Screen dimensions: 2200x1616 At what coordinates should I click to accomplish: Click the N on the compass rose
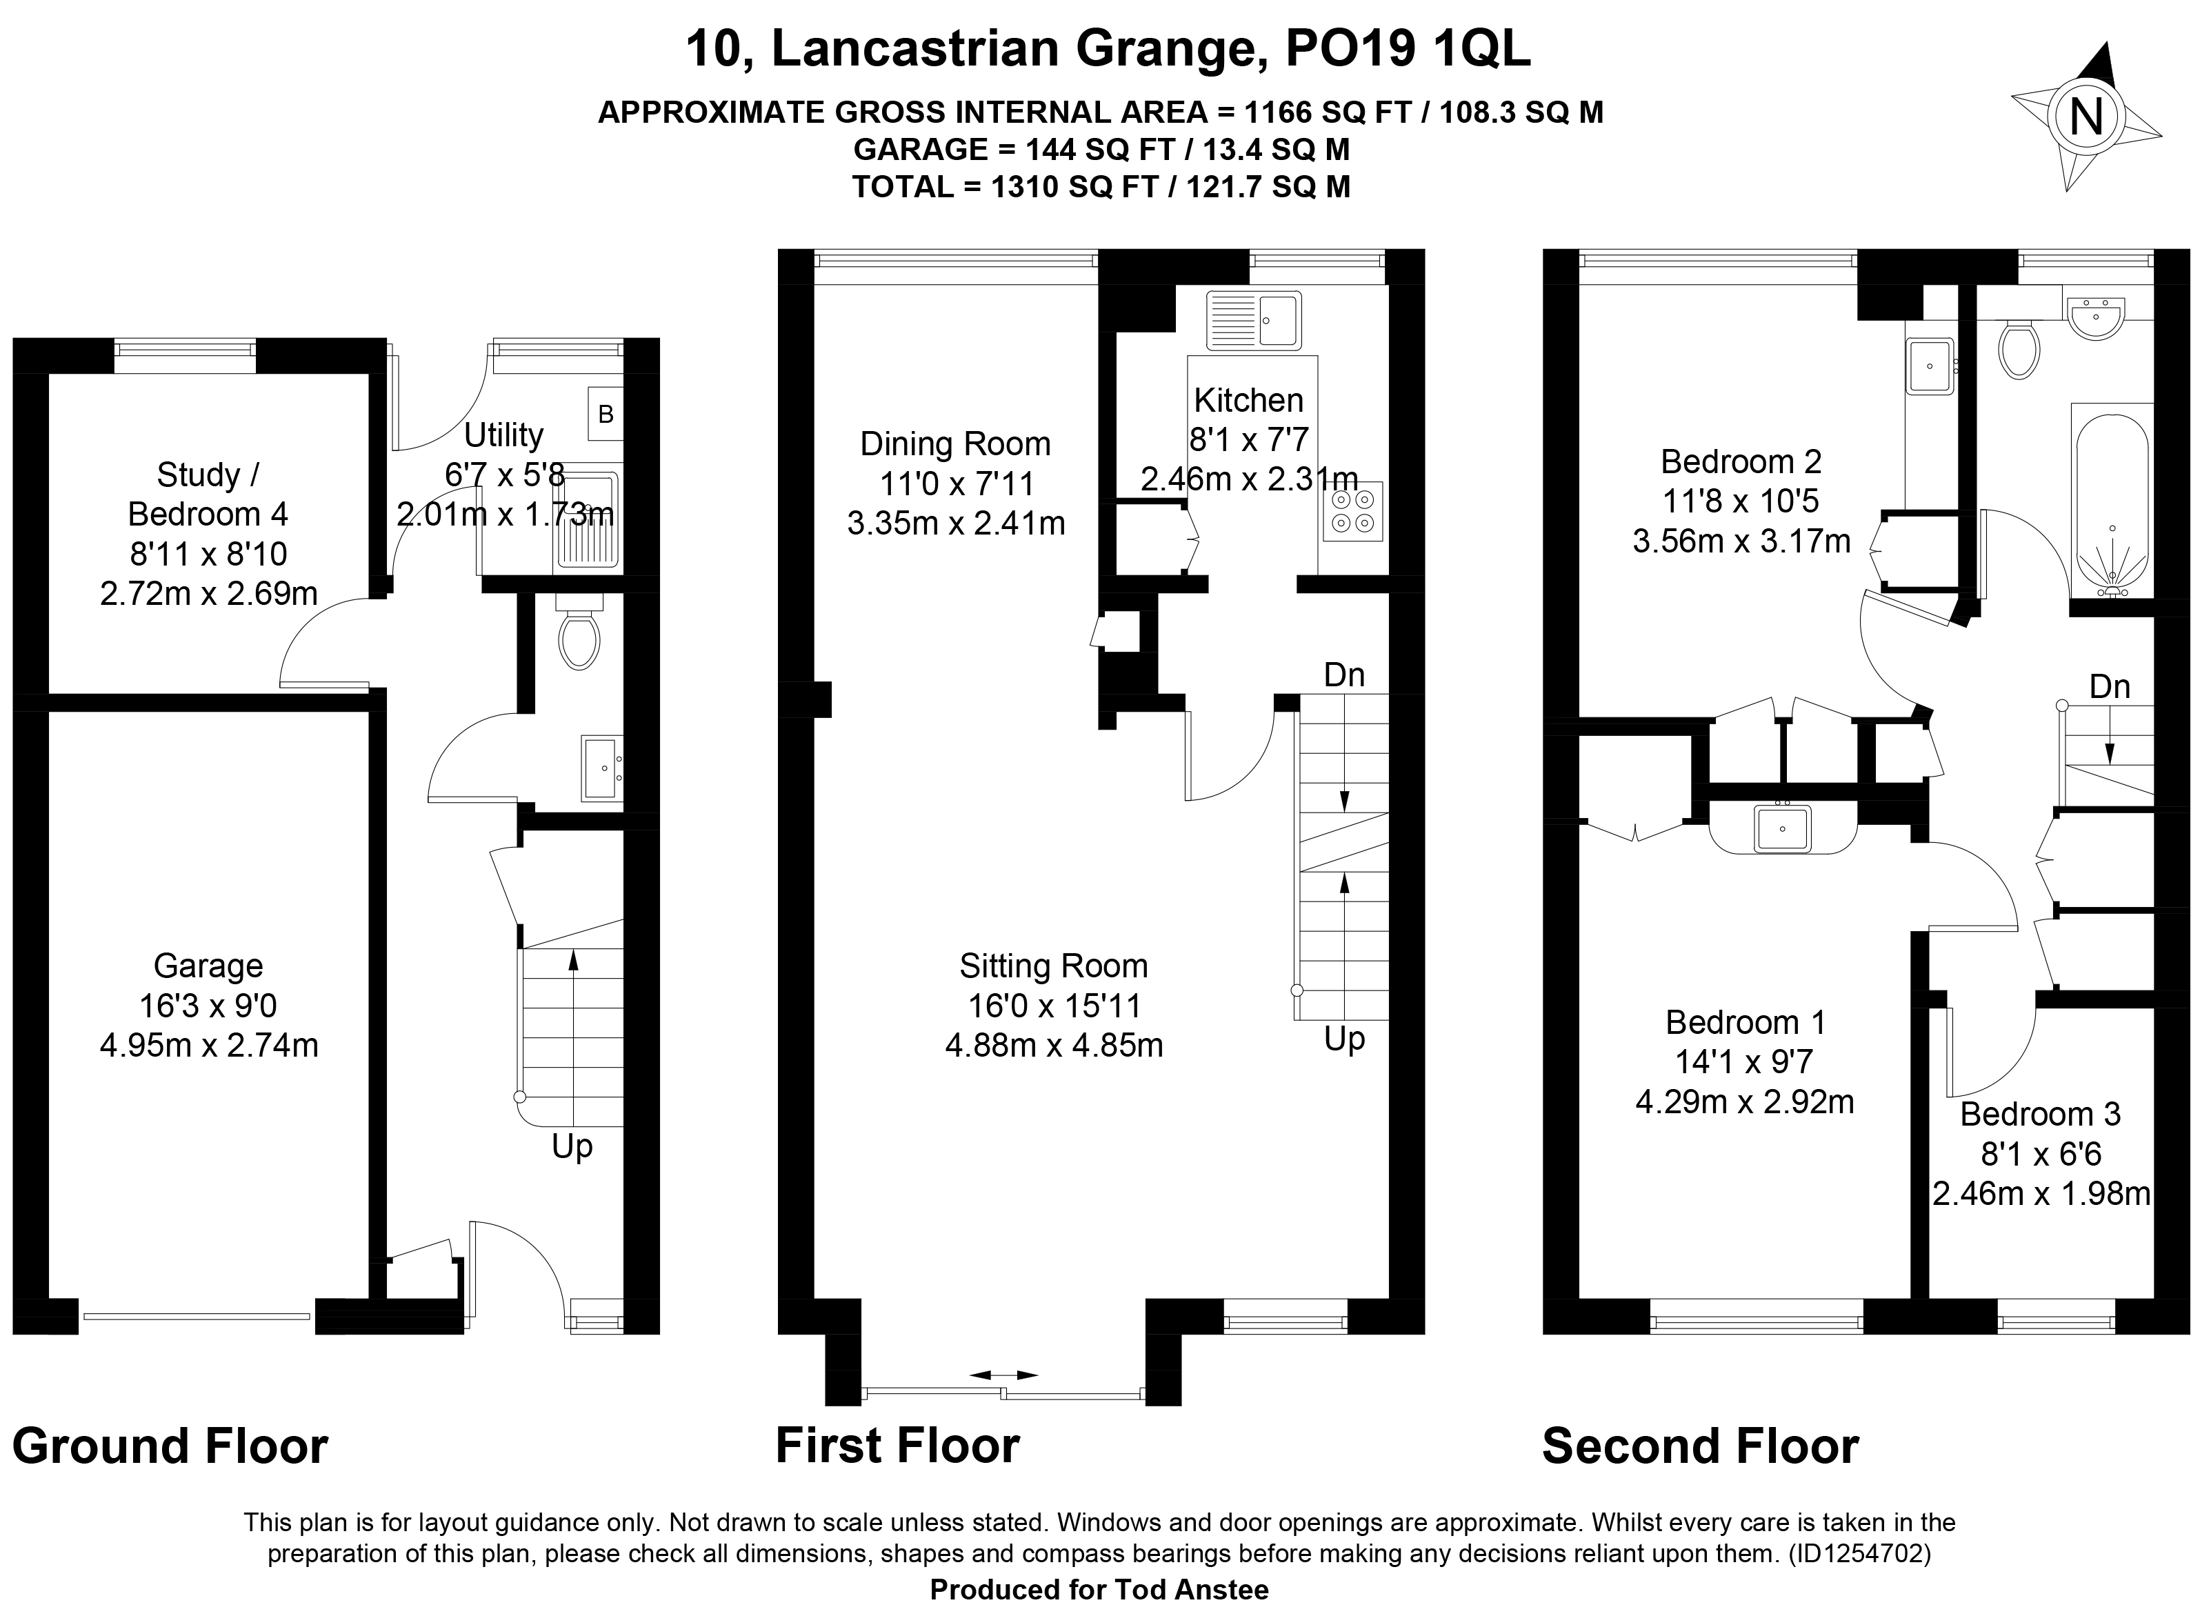pos(2086,119)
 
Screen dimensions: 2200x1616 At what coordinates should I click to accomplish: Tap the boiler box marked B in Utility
pos(606,414)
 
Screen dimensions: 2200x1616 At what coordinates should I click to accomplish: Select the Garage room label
pos(208,966)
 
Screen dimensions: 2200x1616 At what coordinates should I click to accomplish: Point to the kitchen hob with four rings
pos(1353,512)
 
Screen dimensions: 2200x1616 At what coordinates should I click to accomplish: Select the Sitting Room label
pos(1054,966)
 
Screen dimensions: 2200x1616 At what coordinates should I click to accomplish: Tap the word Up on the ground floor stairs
pos(572,1146)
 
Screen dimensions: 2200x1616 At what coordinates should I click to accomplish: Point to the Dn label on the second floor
pos(2110,687)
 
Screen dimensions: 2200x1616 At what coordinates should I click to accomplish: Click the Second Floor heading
pos(1700,1446)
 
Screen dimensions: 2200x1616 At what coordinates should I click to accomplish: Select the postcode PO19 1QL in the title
pos(1408,49)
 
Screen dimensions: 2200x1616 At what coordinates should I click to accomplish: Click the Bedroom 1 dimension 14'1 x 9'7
pos(1745,1061)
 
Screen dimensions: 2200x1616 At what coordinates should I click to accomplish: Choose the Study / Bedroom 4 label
pos(208,494)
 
